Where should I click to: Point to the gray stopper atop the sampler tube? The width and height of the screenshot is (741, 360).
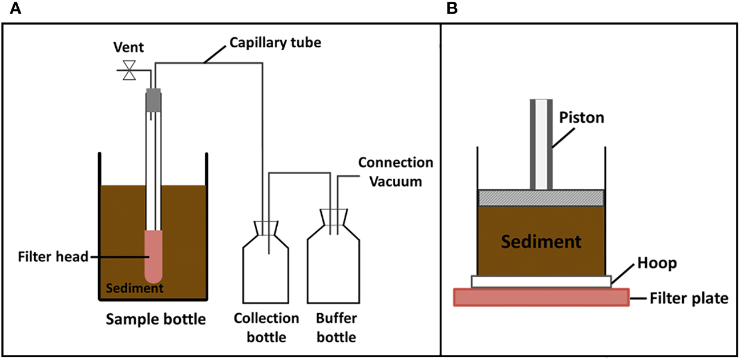pos(153,100)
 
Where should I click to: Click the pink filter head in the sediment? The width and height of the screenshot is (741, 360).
pos(153,256)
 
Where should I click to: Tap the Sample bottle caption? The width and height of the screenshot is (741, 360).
pos(156,319)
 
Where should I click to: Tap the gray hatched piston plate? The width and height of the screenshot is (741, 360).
pos(541,197)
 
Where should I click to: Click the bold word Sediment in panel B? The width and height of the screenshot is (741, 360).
pos(541,241)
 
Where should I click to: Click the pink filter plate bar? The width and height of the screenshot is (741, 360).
pos(541,297)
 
